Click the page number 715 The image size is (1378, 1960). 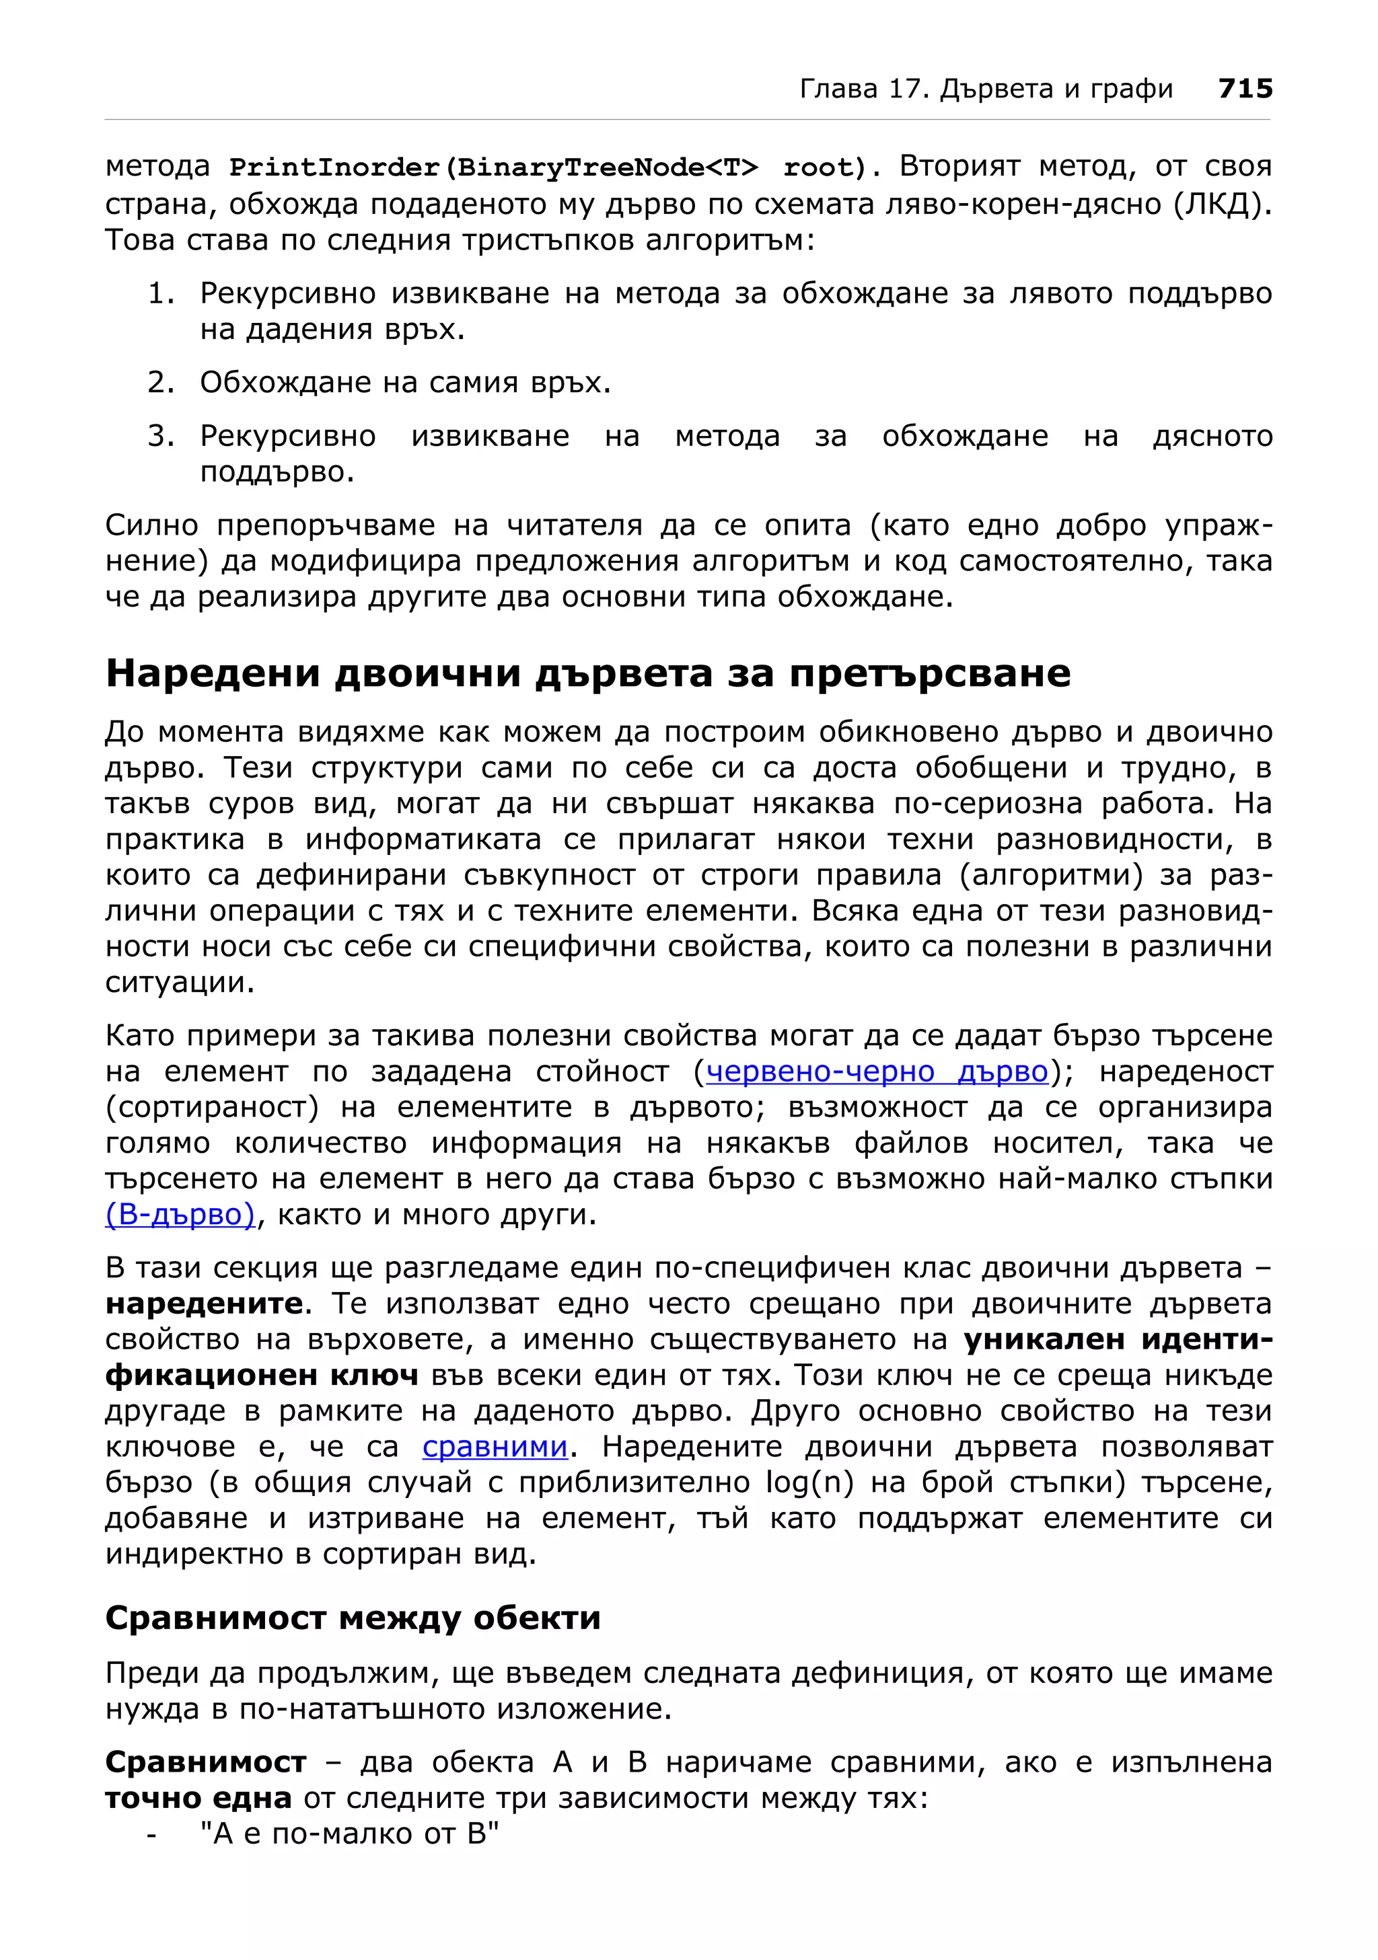pos(1245,89)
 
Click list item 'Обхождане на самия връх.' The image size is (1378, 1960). pos(406,383)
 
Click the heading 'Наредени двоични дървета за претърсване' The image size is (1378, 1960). pos(587,673)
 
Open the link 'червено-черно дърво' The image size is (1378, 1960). pos(876,1071)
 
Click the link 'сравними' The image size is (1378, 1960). pos(495,1447)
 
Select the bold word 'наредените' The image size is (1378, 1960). pos(203,1304)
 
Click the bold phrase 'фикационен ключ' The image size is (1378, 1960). pos(261,1375)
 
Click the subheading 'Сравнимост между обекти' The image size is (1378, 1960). pos(353,1618)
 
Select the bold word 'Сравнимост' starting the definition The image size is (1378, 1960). pos(205,1762)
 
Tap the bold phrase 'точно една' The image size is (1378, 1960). pos(198,1798)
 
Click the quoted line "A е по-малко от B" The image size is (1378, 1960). pos(349,1834)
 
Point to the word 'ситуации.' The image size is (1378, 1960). pos(179,983)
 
